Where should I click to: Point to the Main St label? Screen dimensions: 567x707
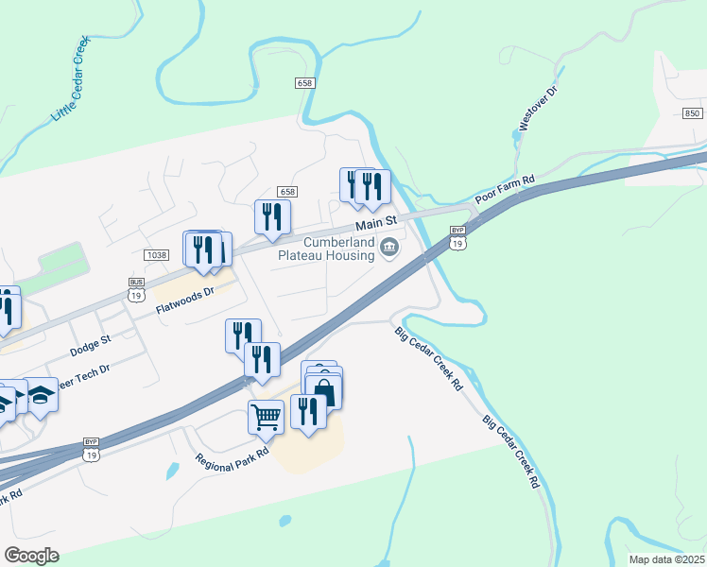pyautogui.click(x=374, y=224)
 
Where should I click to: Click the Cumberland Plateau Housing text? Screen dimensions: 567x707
pyautogui.click(x=326, y=248)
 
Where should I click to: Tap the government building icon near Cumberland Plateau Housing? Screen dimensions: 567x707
pyautogui.click(x=389, y=249)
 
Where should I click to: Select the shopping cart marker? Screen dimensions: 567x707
pyautogui.click(x=266, y=415)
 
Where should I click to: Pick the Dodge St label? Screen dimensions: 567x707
pyautogui.click(x=91, y=345)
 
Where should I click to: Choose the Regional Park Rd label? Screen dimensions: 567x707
pyautogui.click(x=233, y=459)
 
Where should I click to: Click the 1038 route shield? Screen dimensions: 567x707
pyautogui.click(x=157, y=255)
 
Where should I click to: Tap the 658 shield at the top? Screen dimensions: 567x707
pyautogui.click(x=303, y=83)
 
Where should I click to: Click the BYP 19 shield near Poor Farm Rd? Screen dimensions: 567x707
pyautogui.click(x=458, y=237)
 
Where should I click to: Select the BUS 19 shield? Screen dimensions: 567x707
pyautogui.click(x=137, y=288)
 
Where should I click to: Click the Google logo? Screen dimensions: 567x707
pyautogui.click(x=32, y=556)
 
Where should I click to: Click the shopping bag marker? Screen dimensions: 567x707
pyautogui.click(x=323, y=388)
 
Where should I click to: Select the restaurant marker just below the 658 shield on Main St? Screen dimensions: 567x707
pyautogui.click(x=272, y=216)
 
